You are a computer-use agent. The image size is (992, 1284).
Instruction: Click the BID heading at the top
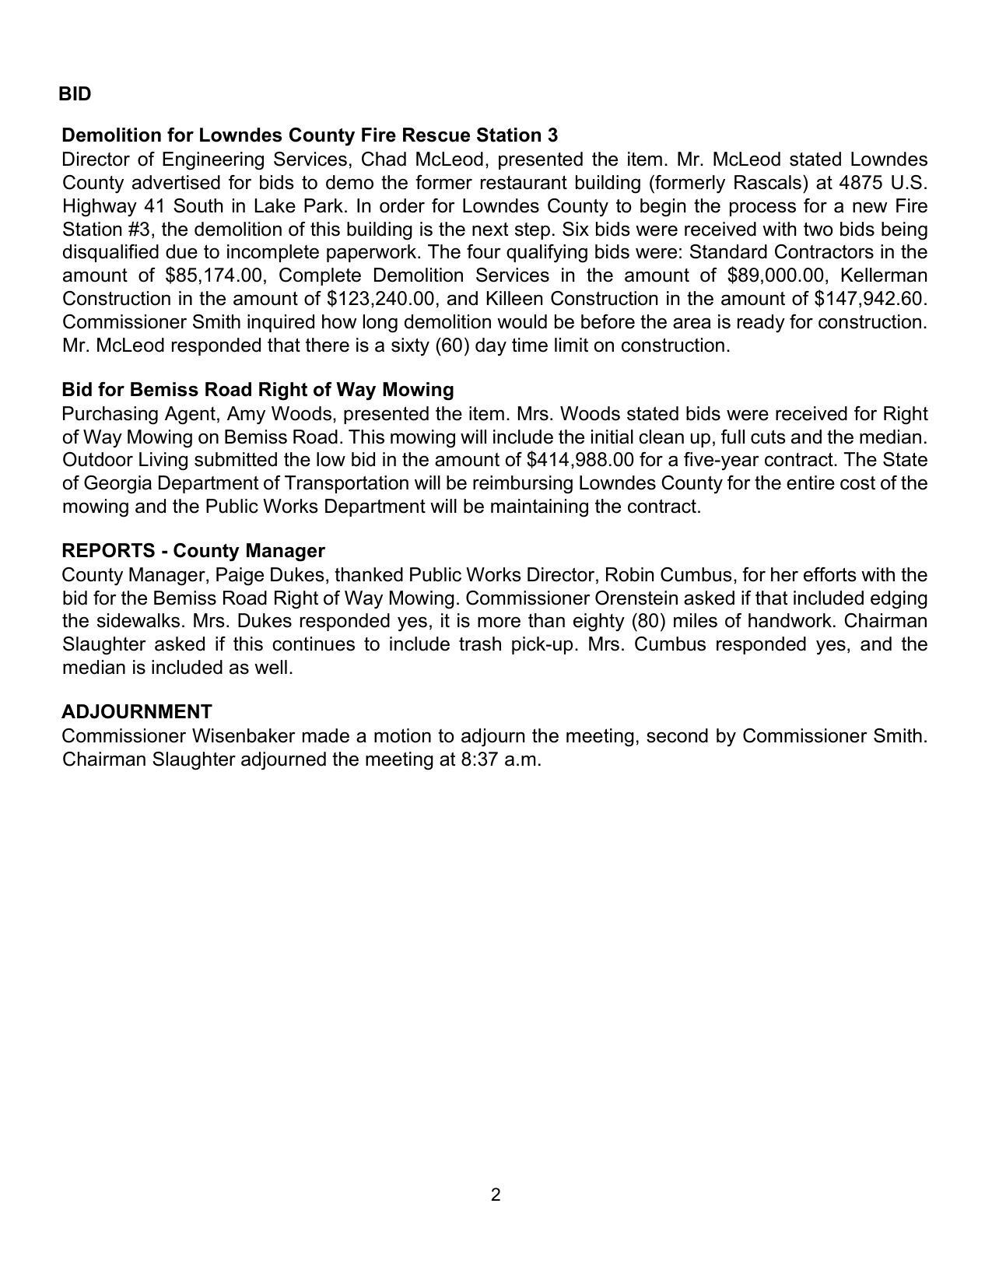[x=75, y=94]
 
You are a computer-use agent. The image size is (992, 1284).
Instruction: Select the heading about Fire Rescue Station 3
[x=310, y=135]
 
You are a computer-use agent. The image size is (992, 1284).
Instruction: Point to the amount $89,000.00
[x=776, y=275]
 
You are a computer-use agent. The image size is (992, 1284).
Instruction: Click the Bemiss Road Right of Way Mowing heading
[x=258, y=389]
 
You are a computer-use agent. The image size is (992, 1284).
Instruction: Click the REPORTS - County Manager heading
[x=193, y=551]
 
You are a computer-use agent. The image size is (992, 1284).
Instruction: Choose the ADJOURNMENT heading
[x=137, y=712]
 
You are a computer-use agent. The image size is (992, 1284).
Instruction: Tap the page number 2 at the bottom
[x=496, y=1195]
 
